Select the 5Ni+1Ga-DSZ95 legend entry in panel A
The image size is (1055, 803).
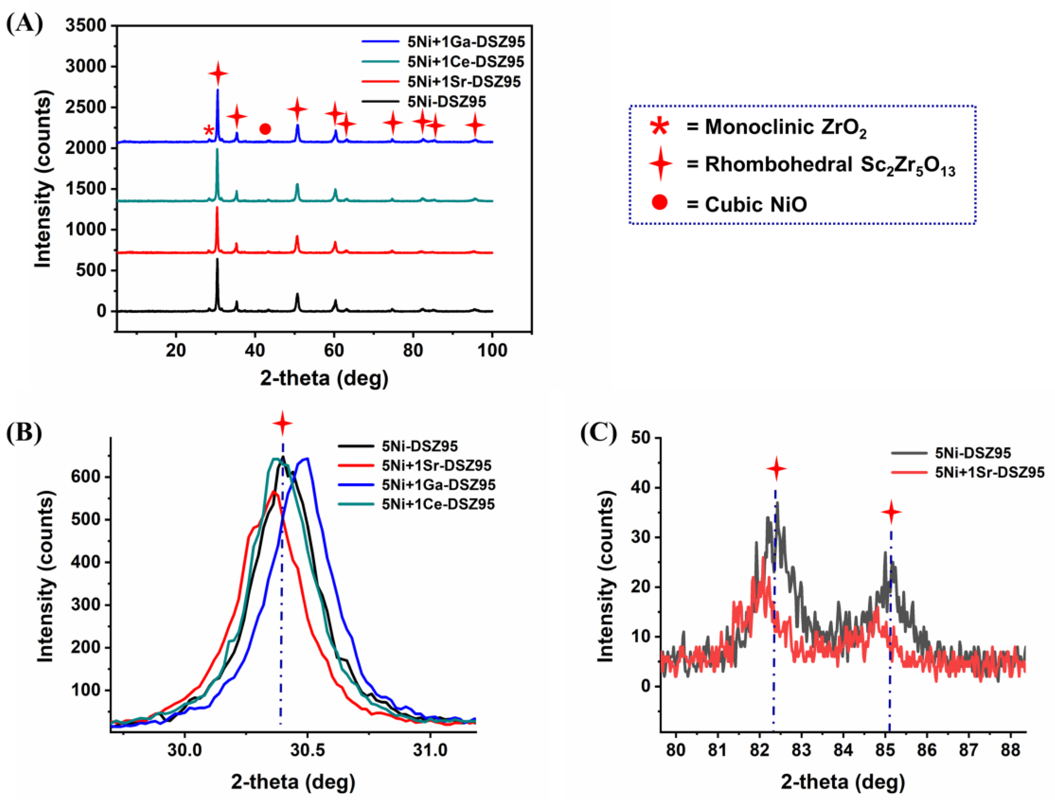pyautogui.click(x=466, y=42)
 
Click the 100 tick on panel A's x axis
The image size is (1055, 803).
pyautogui.click(x=492, y=350)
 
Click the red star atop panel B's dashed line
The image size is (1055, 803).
pyautogui.click(x=283, y=423)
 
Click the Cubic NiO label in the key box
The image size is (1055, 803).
pyautogui.click(x=756, y=205)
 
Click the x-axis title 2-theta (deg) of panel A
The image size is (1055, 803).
pyautogui.click(x=324, y=378)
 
